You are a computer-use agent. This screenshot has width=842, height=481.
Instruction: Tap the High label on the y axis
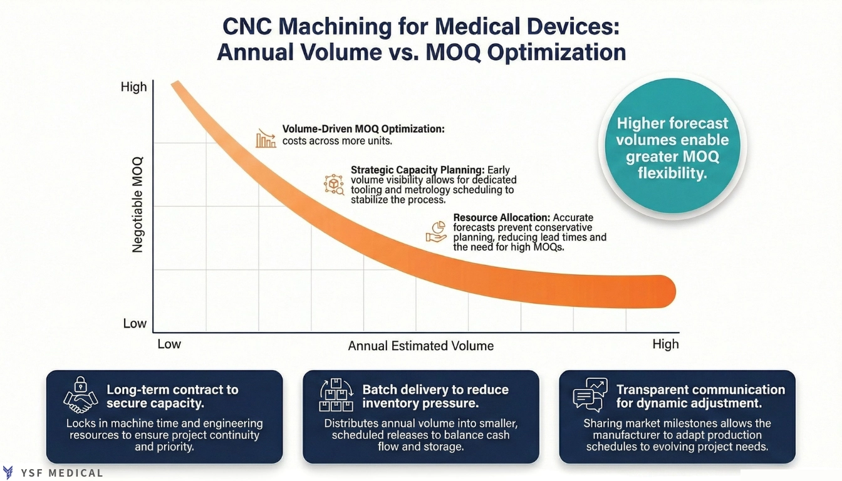coord(133,87)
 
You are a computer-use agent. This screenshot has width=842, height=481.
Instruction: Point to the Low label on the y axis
coord(135,323)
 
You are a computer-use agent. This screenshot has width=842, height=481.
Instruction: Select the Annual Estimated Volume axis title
coord(420,346)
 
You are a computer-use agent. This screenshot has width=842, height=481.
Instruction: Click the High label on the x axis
coord(665,344)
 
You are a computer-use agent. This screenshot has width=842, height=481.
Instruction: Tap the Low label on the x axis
coord(169,344)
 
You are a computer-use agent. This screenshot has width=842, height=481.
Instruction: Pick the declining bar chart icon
coord(266,138)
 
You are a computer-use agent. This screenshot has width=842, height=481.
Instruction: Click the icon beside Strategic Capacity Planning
coord(333,184)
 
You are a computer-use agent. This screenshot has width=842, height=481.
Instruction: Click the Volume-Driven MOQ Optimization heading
coord(363,129)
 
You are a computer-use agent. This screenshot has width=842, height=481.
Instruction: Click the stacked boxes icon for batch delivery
coord(336,395)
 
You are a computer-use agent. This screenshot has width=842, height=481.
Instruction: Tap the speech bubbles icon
coord(590,395)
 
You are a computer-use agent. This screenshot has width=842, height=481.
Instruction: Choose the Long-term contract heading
coord(172,396)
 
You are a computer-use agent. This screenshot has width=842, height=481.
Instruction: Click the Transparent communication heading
coord(700,396)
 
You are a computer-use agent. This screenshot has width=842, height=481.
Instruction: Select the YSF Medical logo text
coord(61,473)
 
